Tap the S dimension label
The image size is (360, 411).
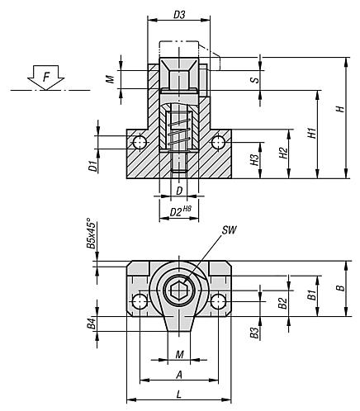(x=255, y=79)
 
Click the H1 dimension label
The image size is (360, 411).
(x=310, y=132)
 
